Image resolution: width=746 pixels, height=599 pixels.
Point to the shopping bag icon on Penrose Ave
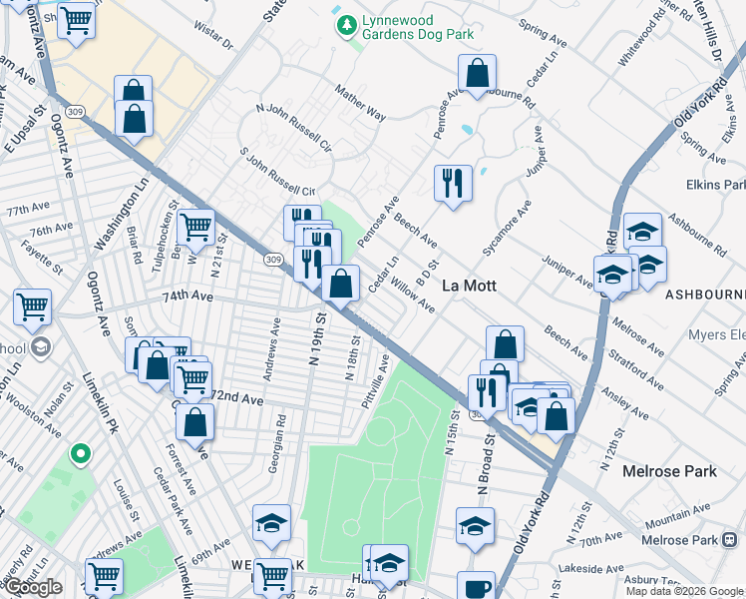(x=478, y=73)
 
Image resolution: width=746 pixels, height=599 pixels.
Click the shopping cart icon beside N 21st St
(x=196, y=227)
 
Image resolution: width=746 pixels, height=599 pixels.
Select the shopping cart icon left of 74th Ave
(x=33, y=305)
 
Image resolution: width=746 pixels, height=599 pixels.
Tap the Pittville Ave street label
(x=377, y=376)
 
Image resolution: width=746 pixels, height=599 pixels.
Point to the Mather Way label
(x=361, y=103)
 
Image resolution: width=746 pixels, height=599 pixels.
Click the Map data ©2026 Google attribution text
(x=684, y=591)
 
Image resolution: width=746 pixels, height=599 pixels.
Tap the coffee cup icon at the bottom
(x=476, y=587)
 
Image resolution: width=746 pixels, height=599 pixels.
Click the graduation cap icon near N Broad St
(x=475, y=525)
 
